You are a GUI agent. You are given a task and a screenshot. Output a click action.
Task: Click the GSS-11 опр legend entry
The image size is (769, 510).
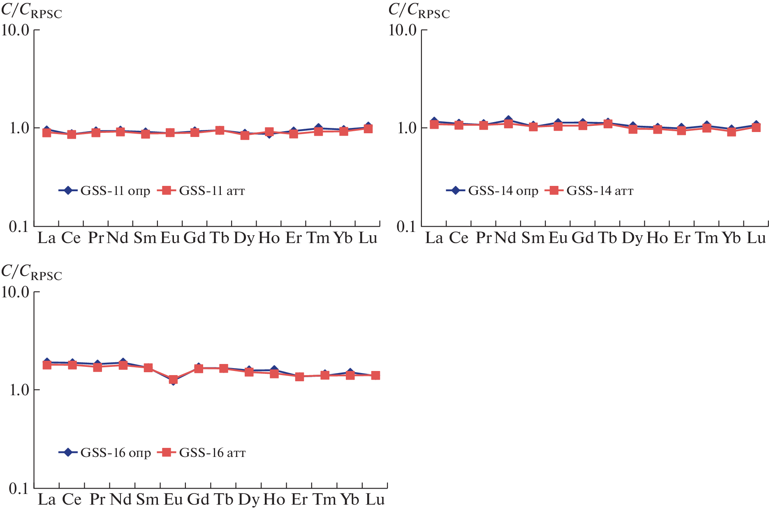pos(104,191)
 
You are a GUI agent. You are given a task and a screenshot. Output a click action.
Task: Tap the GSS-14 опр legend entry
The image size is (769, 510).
pos(492,191)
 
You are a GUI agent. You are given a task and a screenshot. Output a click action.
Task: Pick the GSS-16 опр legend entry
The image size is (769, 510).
pos(105,453)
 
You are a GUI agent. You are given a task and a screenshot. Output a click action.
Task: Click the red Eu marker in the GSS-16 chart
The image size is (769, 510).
pos(173,379)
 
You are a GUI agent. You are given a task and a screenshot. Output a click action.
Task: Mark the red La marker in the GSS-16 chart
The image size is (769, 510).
pos(47,365)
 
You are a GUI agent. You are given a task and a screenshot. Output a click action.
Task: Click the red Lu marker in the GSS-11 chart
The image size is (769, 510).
pos(368,129)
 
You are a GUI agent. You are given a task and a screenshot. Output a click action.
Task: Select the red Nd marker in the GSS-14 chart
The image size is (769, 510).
pos(509,123)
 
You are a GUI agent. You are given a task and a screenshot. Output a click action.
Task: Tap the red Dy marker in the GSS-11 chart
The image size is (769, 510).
pos(245,135)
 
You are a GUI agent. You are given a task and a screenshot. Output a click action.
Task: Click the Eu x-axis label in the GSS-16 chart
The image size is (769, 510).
pos(173,500)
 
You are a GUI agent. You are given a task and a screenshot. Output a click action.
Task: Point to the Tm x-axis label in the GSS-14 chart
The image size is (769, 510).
pos(706,238)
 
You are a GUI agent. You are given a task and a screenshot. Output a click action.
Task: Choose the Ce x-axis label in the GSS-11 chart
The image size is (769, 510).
pos(71,238)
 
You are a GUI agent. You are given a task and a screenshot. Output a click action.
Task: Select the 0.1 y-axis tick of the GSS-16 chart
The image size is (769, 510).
pos(19,489)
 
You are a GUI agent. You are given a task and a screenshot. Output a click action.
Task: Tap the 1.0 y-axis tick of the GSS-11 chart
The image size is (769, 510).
pos(19,128)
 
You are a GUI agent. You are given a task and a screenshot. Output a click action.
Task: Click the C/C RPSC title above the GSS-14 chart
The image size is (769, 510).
pos(419,11)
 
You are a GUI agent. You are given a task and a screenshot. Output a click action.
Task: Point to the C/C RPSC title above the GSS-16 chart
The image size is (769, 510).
pos(32,272)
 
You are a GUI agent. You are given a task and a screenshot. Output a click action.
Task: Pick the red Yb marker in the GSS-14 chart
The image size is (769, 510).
pos(731,132)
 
